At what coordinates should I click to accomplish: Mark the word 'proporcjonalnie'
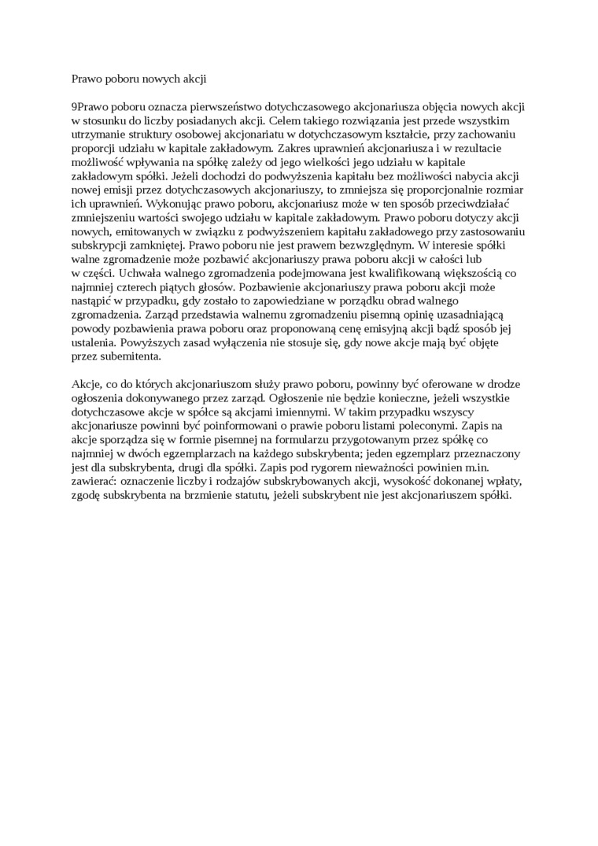coord(441,190)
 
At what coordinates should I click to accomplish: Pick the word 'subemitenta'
coord(130,356)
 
